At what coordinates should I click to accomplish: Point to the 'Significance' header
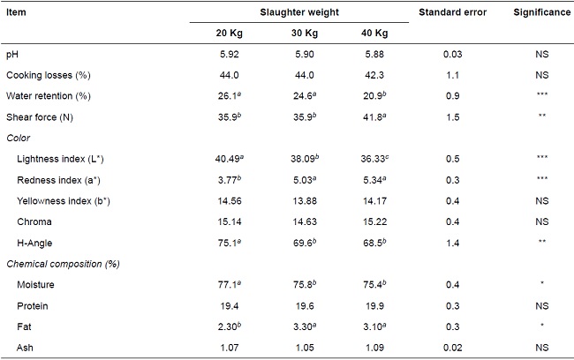[x=540, y=11]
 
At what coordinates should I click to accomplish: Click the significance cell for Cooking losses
[x=540, y=75]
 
